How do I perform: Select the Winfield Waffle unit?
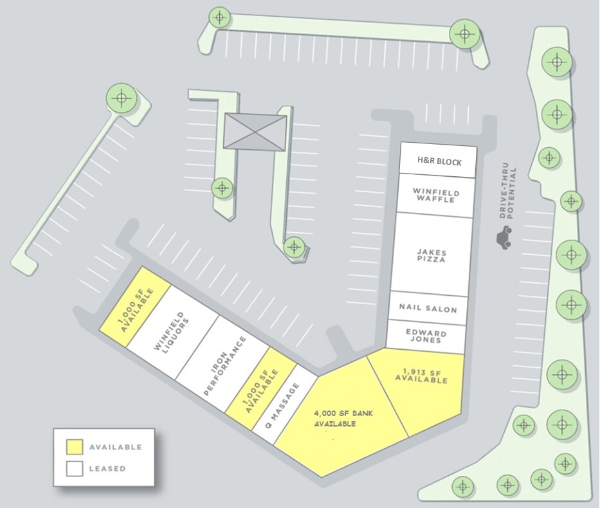pos(434,195)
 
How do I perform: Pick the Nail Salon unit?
pos(428,309)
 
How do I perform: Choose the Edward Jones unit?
pos(425,336)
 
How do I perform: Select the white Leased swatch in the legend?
pos(75,469)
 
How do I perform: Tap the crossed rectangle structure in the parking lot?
pos(254,132)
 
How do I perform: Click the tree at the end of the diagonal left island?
pos(121,99)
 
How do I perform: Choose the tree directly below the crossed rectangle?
pos(223,188)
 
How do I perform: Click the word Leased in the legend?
pos(107,469)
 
